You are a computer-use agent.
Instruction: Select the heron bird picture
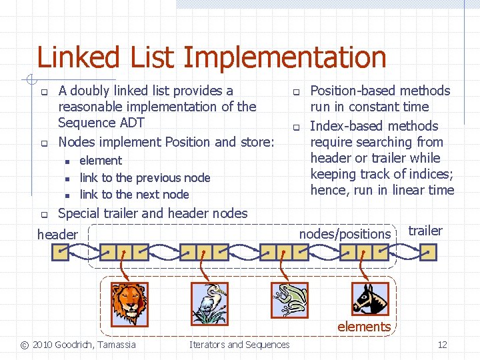click(x=209, y=303)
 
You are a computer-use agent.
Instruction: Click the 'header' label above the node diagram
click(x=57, y=234)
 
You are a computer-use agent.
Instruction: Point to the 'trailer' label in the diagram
click(x=425, y=231)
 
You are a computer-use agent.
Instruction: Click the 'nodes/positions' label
click(x=345, y=234)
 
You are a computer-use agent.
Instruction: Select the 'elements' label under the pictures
click(x=364, y=327)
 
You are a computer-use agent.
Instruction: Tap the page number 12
click(x=442, y=345)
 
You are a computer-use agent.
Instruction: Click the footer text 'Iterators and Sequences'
click(x=239, y=345)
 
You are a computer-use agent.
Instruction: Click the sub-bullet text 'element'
click(x=101, y=161)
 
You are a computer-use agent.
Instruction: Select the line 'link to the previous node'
click(x=145, y=178)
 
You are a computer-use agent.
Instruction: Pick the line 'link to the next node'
click(x=134, y=195)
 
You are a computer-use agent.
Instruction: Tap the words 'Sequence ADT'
click(x=101, y=123)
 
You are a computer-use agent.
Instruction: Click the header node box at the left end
click(x=61, y=252)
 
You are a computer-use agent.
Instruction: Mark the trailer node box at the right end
click(x=429, y=252)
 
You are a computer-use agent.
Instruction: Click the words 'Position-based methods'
click(x=380, y=91)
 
